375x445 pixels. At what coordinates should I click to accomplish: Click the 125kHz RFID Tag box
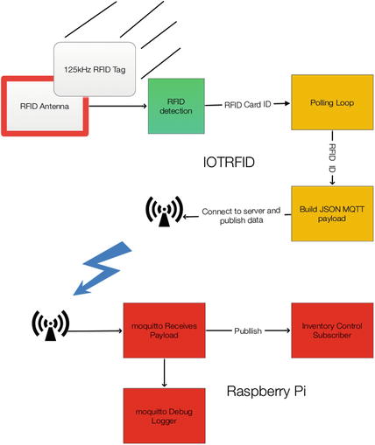(95, 69)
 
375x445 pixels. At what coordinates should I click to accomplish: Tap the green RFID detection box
(176, 106)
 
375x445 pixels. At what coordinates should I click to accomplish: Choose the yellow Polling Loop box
(332, 102)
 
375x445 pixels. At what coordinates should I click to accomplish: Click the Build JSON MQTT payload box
(332, 213)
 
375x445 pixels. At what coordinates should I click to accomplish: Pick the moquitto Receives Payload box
(164, 330)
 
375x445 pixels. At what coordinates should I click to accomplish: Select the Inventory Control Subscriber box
(332, 330)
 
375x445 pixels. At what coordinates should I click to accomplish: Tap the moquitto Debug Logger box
(164, 416)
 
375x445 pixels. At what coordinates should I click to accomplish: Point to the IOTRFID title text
(229, 162)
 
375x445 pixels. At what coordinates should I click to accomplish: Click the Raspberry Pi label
(266, 391)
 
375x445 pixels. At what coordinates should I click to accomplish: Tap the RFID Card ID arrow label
(248, 104)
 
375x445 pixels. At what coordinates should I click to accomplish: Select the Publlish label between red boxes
(248, 330)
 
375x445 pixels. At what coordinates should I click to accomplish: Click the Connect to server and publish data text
(241, 215)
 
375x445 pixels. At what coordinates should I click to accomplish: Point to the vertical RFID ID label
(332, 157)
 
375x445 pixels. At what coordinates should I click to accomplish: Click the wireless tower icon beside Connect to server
(164, 212)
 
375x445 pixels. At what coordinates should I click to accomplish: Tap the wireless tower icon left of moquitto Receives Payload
(50, 325)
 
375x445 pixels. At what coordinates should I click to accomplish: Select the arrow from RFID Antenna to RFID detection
(117, 106)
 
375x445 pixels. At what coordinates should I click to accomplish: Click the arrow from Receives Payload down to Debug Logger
(164, 373)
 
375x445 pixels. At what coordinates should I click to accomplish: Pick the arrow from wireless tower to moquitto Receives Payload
(96, 330)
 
